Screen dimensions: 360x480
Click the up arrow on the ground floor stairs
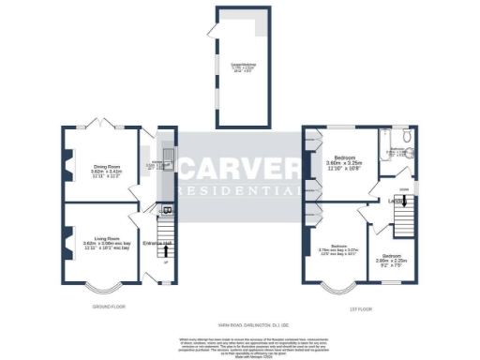click(x=167, y=251)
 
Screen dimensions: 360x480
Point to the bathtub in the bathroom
click(x=386, y=143)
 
